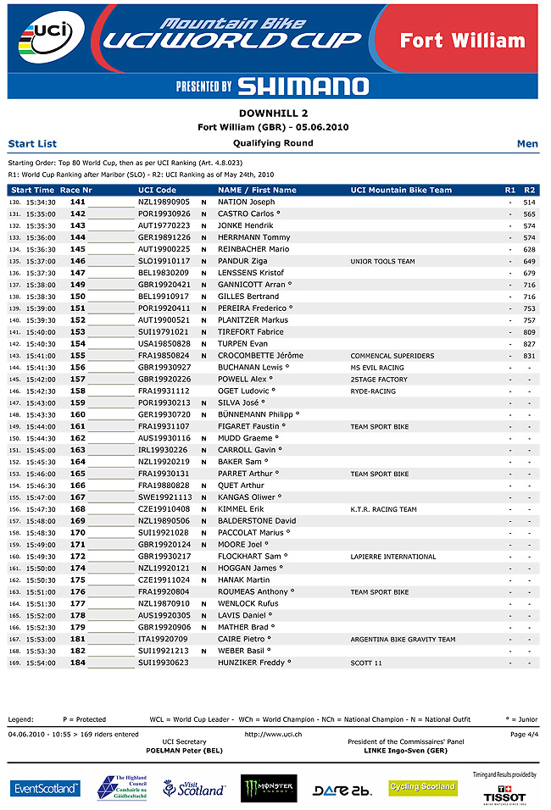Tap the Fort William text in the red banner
(462, 41)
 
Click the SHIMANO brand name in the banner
(303, 86)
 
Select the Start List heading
(32, 144)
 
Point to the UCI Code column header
(158, 191)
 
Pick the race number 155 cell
(78, 356)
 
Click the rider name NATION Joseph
(246, 202)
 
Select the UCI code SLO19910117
(164, 262)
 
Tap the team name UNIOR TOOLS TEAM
(382, 262)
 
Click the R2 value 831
(529, 356)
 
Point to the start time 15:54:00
(42, 663)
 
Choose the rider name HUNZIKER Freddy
(253, 663)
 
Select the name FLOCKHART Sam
(252, 557)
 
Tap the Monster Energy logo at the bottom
(269, 788)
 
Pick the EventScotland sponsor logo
(46, 789)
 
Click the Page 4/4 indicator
(524, 734)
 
